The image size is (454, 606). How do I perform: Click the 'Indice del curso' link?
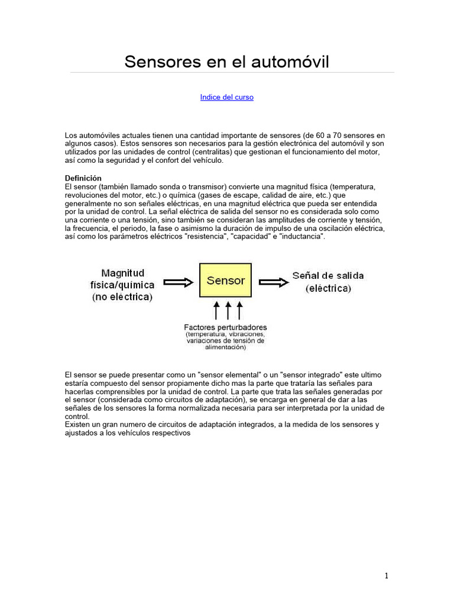tap(227, 97)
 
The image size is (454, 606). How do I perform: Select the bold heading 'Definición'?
tap(83, 178)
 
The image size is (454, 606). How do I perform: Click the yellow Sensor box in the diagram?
tap(226, 281)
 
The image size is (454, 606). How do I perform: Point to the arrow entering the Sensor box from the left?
tap(179, 282)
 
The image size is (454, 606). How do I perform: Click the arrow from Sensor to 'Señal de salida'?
tap(274, 282)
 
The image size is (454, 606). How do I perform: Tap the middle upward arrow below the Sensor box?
tap(228, 310)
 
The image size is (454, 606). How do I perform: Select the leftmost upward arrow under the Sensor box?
tap(216, 310)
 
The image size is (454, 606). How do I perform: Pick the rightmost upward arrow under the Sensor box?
tap(239, 310)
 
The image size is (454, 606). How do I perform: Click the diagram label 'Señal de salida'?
tap(328, 276)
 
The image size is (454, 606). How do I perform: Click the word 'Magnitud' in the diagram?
tap(122, 273)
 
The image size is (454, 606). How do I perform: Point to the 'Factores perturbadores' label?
tap(225, 327)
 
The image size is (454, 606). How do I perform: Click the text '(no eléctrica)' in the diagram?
tap(122, 297)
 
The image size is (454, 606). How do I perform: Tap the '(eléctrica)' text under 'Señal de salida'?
tap(328, 289)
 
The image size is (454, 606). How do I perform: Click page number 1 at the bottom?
tap(386, 575)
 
